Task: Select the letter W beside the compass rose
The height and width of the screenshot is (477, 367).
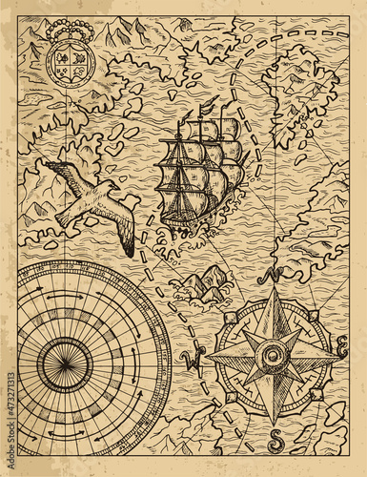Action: coord(196,361)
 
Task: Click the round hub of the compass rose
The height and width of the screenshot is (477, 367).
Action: coord(274,357)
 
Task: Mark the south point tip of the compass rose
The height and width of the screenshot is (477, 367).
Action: coord(274,425)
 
